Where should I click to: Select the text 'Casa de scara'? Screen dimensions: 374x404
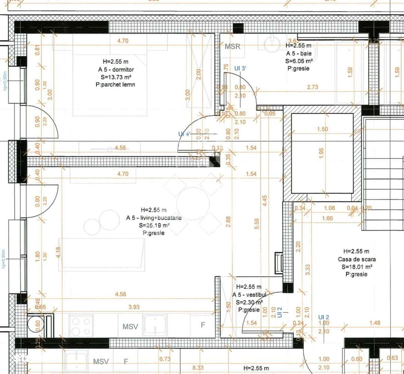point(356,259)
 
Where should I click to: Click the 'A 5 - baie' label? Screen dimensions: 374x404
point(299,53)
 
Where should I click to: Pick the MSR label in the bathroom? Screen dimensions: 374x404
point(232,47)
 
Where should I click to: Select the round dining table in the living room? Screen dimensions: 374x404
point(193,203)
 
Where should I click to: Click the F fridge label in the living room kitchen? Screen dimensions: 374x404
point(203,325)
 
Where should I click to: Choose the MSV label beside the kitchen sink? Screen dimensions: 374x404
point(130,327)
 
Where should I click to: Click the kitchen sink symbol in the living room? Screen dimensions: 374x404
point(156,325)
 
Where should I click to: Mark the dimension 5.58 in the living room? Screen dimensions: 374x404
point(257,224)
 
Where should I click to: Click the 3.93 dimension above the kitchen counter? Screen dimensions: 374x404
point(134,307)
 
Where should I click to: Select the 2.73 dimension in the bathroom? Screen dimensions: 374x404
point(312,87)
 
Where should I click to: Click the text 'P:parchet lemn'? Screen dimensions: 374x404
point(115,85)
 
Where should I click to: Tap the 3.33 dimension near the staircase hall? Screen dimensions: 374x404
point(307,270)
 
